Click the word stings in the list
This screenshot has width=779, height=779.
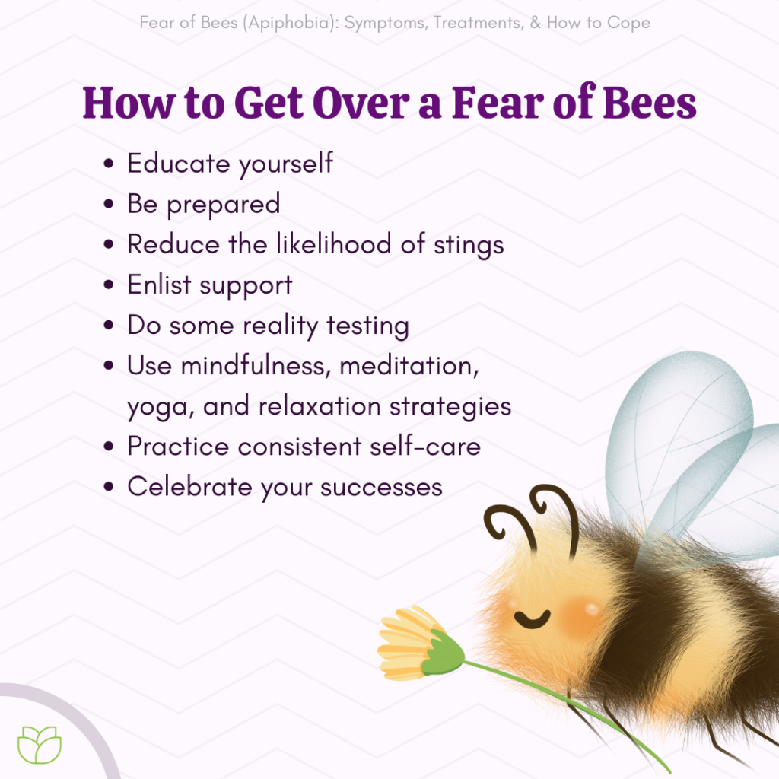(x=466, y=245)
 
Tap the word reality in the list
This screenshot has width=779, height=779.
(x=281, y=326)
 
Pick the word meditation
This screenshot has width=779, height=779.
(x=409, y=366)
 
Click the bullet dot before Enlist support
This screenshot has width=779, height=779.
(x=111, y=286)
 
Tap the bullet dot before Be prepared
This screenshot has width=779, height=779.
(x=111, y=205)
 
